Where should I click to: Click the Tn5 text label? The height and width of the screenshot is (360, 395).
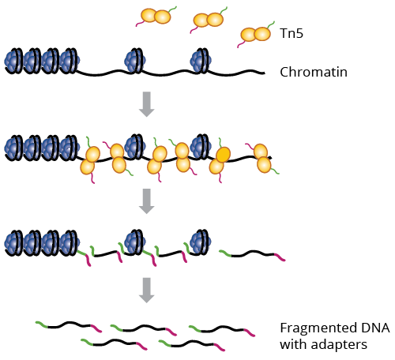[292, 33]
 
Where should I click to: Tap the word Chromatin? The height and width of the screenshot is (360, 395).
[314, 72]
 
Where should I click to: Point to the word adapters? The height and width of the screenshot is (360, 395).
[339, 345]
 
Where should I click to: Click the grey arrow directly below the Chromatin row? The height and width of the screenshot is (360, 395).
[147, 104]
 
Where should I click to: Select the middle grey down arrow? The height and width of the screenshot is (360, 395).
[147, 201]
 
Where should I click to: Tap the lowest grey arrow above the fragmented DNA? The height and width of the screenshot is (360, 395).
[147, 291]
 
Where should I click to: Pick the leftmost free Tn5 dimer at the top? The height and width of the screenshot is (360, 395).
[156, 17]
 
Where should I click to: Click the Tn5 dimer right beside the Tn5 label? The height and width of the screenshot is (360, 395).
[255, 34]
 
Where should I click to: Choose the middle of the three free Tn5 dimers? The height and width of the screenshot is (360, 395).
[209, 20]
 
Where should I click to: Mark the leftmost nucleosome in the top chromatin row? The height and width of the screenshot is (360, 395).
[13, 61]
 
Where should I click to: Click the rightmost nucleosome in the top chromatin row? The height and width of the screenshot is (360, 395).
[201, 60]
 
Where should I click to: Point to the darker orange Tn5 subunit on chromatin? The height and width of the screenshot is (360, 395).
[224, 154]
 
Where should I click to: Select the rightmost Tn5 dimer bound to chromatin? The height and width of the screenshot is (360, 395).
[262, 158]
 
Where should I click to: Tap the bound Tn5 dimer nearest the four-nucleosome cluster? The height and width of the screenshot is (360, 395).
[90, 160]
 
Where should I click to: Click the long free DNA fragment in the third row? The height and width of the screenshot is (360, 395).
[252, 254]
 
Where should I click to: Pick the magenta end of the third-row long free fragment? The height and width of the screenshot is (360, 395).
[280, 257]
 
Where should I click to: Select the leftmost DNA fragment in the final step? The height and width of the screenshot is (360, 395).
[69, 326]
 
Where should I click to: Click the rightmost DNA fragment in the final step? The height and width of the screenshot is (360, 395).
[222, 330]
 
